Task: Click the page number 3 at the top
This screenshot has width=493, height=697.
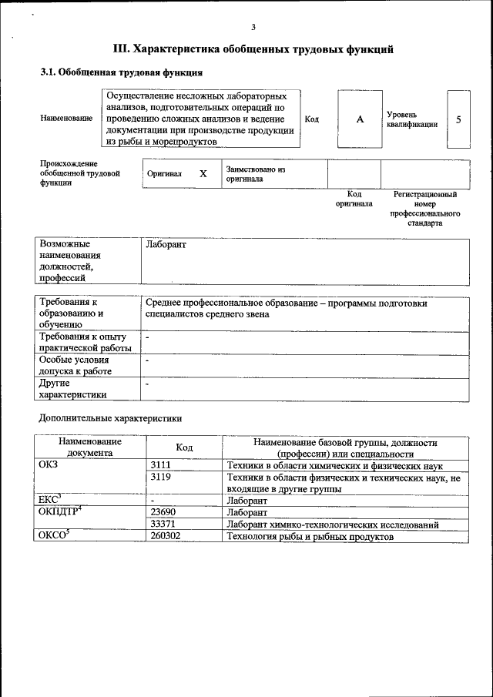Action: (x=253, y=27)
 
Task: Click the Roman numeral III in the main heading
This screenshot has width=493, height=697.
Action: (x=122, y=49)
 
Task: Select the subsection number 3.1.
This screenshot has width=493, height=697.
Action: (x=49, y=73)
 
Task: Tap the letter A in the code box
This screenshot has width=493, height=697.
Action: (x=360, y=120)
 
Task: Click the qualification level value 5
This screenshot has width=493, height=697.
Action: (x=459, y=120)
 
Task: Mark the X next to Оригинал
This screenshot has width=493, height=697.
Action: (x=203, y=174)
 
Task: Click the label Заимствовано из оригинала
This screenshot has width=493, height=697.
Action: (x=256, y=173)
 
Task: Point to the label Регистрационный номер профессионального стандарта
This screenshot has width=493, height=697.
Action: (x=425, y=209)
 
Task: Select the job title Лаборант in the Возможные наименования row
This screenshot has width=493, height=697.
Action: (x=166, y=245)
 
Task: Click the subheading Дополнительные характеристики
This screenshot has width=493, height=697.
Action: (x=110, y=419)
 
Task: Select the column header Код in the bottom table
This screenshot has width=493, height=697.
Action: (x=184, y=447)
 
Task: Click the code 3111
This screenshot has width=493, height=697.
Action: (x=161, y=466)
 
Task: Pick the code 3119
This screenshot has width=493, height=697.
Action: (x=161, y=478)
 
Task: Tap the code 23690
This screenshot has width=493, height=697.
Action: (x=164, y=512)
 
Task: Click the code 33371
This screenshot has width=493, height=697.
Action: (x=164, y=524)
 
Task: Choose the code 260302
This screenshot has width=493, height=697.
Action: (x=166, y=536)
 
